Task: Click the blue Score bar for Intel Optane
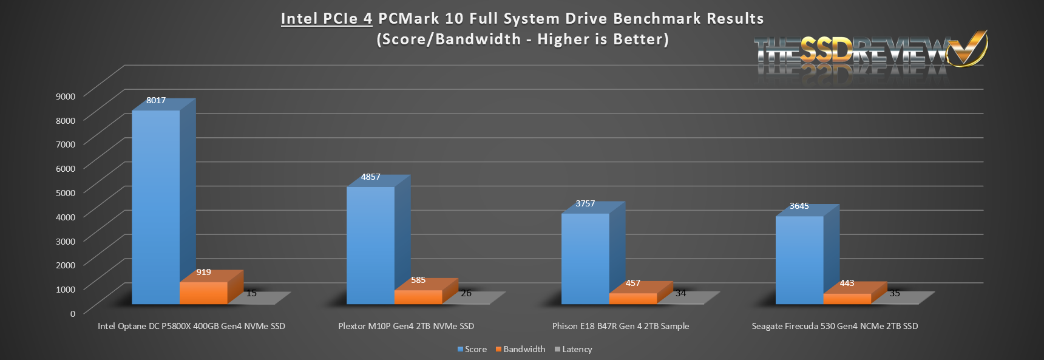tap(156, 206)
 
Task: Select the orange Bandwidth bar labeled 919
tap(203, 293)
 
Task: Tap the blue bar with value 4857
tap(370, 245)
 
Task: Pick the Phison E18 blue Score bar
tap(585, 259)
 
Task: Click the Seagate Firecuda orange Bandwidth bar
tap(847, 299)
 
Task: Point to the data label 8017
tap(156, 100)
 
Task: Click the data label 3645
tap(799, 206)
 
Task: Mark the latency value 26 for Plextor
tap(466, 293)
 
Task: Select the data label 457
tap(632, 283)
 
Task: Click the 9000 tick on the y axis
tap(66, 96)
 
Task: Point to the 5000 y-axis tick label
tap(66, 192)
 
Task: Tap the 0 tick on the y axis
tap(73, 313)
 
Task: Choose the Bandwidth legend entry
tap(520, 349)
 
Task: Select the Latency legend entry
tap(574, 349)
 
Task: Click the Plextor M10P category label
tap(406, 326)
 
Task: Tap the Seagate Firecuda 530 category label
tap(835, 326)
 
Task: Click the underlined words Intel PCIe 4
tap(327, 19)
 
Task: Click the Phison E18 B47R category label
tap(620, 326)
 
